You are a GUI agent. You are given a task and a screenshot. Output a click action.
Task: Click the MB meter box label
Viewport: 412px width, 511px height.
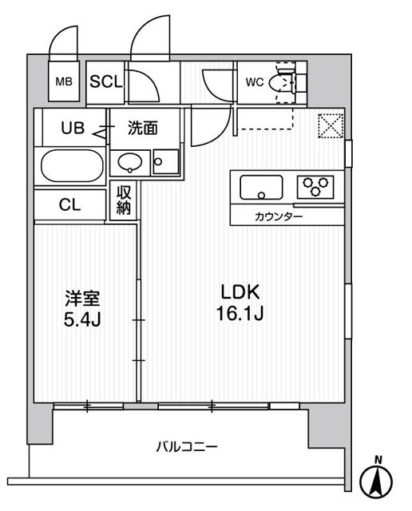pyautogui.click(x=62, y=81)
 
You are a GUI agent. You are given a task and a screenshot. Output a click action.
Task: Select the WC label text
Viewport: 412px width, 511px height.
pyautogui.click(x=254, y=81)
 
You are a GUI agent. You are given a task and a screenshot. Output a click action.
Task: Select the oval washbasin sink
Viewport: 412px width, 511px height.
pyautogui.click(x=129, y=164)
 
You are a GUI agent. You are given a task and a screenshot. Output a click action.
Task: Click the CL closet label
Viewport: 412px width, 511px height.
pyautogui.click(x=70, y=204)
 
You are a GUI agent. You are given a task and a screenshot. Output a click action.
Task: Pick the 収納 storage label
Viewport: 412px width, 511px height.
pyautogui.click(x=125, y=200)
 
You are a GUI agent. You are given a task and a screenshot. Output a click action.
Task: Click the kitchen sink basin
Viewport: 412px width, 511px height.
pyautogui.click(x=259, y=189)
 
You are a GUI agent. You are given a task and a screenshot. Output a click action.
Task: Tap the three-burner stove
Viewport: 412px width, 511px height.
pyautogui.click(x=315, y=188)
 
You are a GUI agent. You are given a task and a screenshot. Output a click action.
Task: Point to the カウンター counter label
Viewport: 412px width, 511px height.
pyautogui.click(x=279, y=216)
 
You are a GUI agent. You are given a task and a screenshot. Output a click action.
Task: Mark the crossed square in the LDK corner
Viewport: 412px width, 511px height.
pyautogui.click(x=329, y=126)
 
